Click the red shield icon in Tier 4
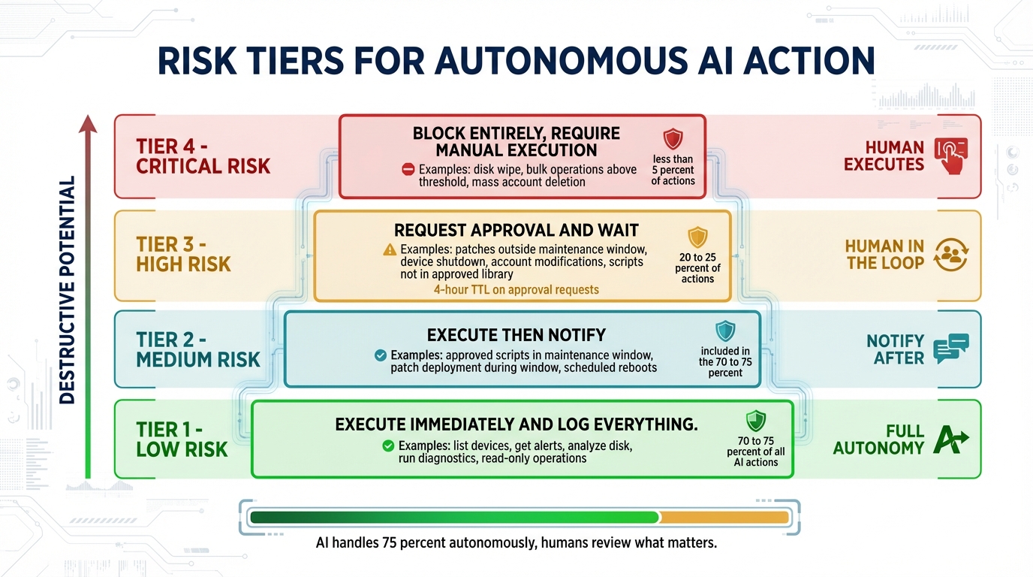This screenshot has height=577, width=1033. (673, 139)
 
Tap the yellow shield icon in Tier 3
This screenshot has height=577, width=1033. (697, 237)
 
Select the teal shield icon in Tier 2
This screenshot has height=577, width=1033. (725, 331)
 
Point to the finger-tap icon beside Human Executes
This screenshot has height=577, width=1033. (950, 156)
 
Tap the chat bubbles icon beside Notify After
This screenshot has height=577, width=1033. (950, 349)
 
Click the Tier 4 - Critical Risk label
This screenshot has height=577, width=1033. (203, 156)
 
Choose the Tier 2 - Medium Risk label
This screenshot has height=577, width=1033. (197, 349)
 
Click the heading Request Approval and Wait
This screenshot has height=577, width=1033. (516, 230)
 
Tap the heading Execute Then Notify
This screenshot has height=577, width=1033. (516, 335)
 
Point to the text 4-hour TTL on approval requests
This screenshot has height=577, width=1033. (516, 289)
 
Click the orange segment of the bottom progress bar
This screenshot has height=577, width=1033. (724, 517)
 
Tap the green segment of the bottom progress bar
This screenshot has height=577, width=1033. (454, 517)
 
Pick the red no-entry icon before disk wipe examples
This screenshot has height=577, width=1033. (408, 170)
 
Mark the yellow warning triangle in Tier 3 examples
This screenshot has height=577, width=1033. (389, 249)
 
